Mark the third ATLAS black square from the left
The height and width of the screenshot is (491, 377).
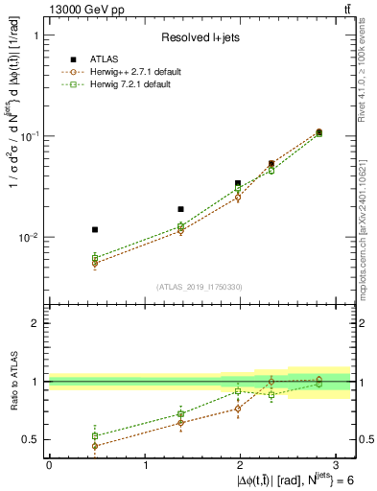[x=238, y=182]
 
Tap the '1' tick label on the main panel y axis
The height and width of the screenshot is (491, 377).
[x=36, y=35]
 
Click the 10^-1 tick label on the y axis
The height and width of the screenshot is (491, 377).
[x=32, y=136]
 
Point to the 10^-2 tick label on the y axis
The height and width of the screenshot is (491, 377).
[x=32, y=237]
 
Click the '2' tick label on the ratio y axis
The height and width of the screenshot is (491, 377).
[x=36, y=323]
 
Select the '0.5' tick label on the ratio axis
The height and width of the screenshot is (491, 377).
[x=33, y=440]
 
